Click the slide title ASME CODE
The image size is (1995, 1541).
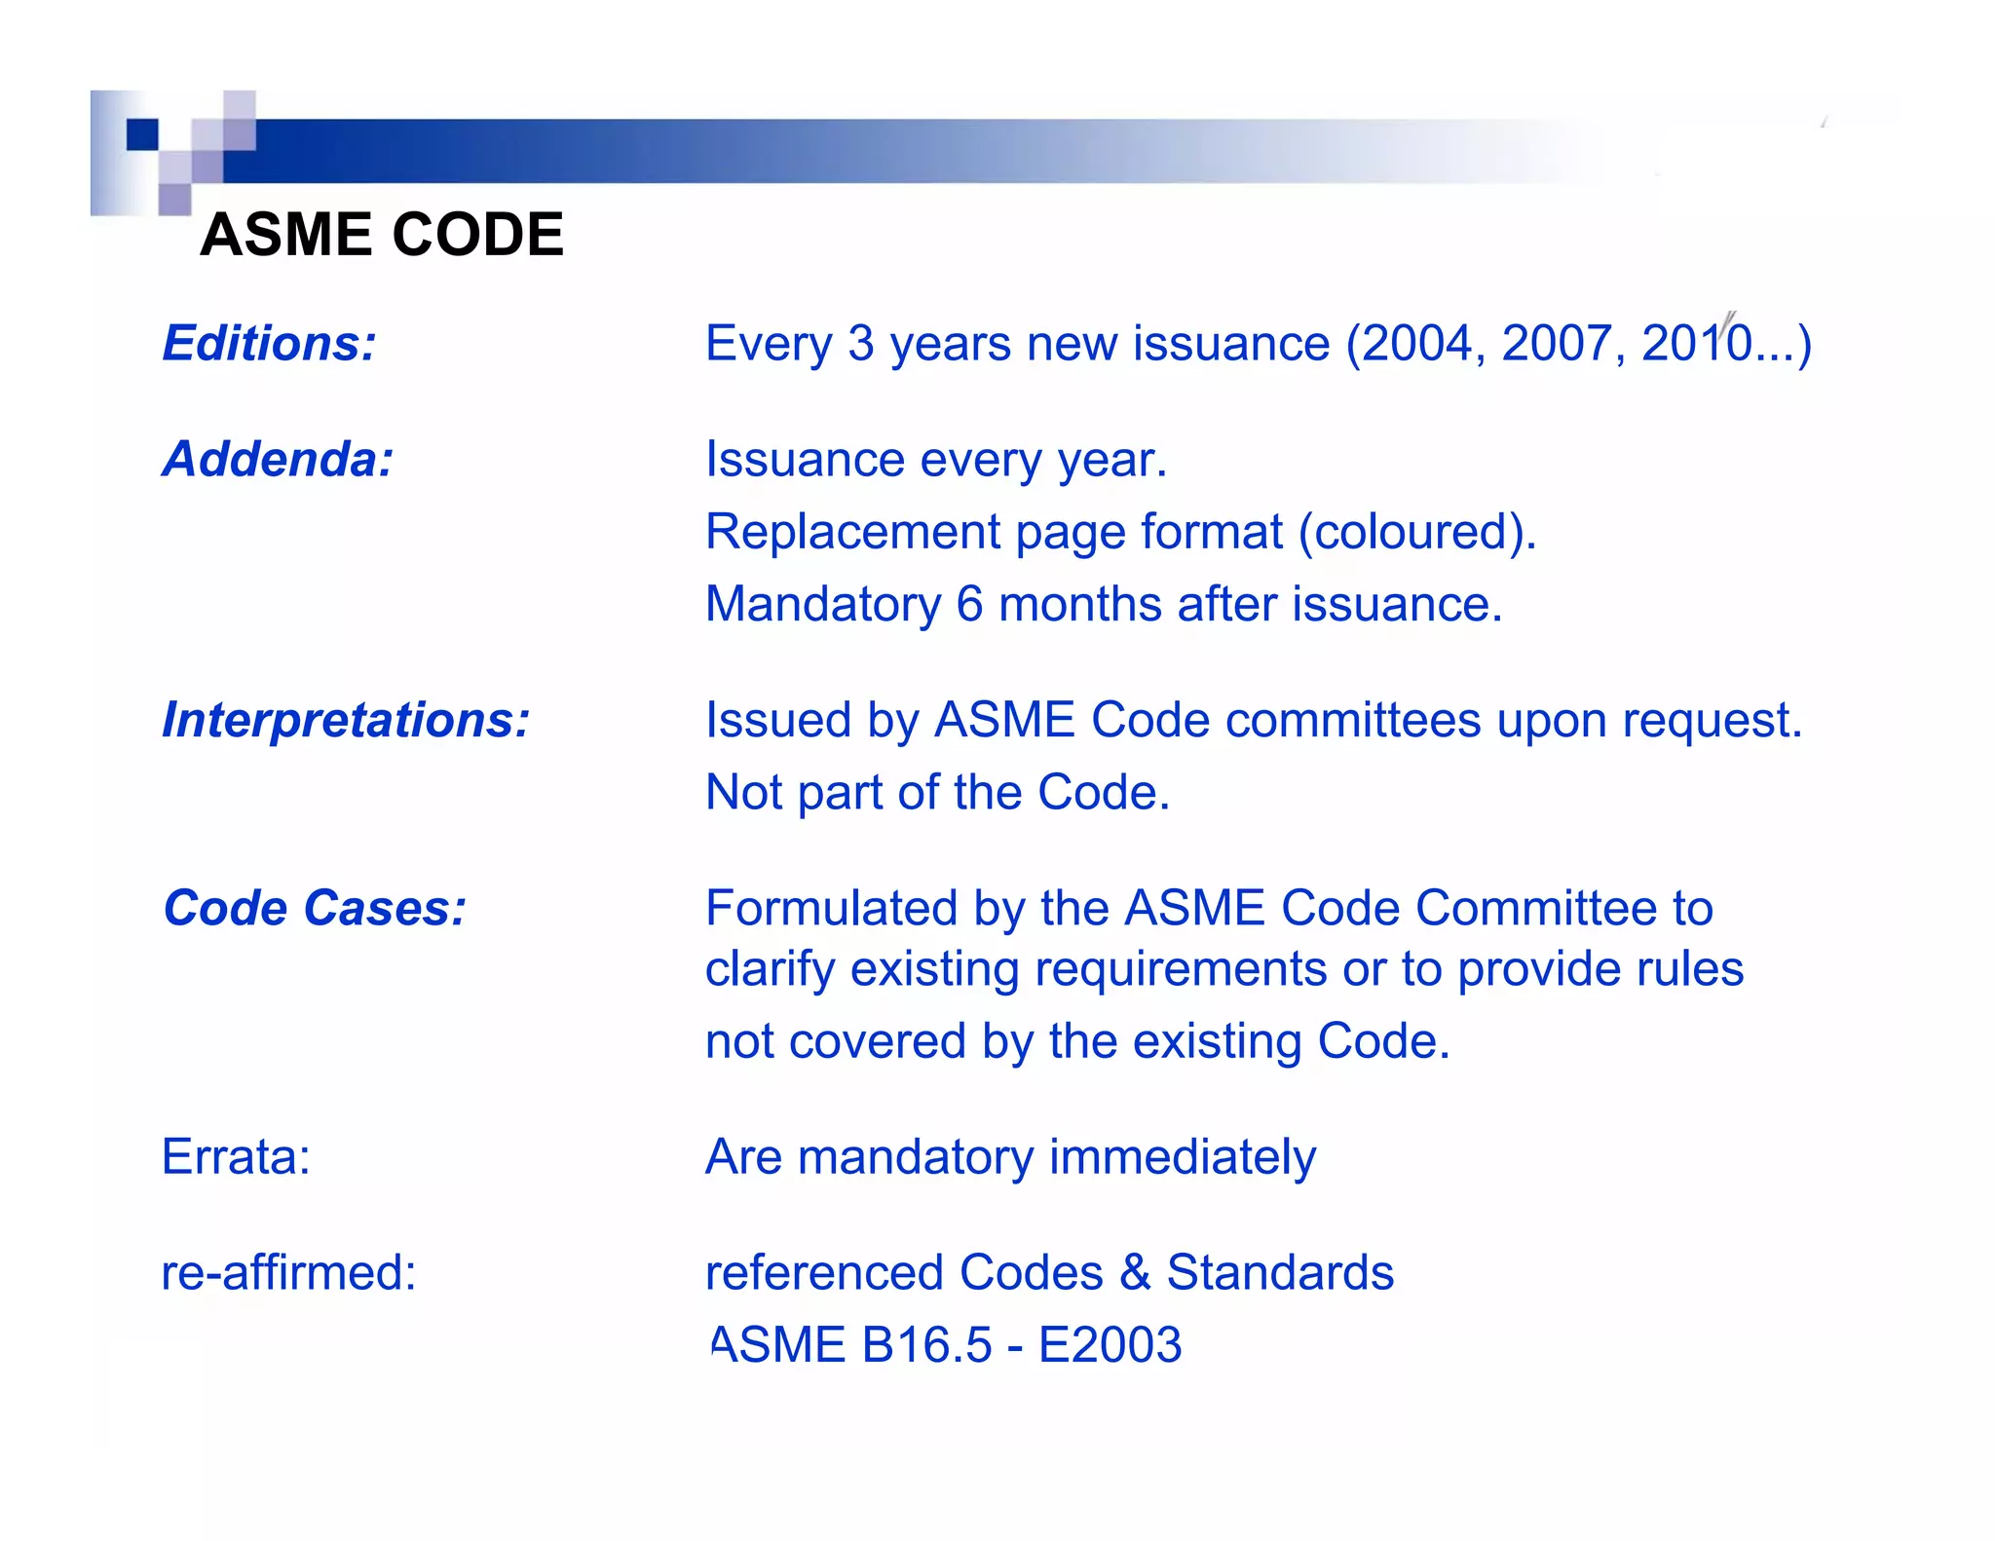[381, 235]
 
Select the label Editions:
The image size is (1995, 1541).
[269, 343]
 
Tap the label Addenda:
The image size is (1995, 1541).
[278, 459]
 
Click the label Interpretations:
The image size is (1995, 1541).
[346, 720]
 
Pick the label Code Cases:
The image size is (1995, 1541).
[315, 908]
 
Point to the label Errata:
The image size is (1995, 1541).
[236, 1157]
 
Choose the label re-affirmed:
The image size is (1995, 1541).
[288, 1272]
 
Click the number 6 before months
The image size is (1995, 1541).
[969, 604]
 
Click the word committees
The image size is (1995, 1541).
[1353, 720]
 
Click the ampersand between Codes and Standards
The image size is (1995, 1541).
[1135, 1272]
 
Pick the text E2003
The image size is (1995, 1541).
[1110, 1345]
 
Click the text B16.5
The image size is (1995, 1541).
[926, 1345]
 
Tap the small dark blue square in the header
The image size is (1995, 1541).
[142, 134]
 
